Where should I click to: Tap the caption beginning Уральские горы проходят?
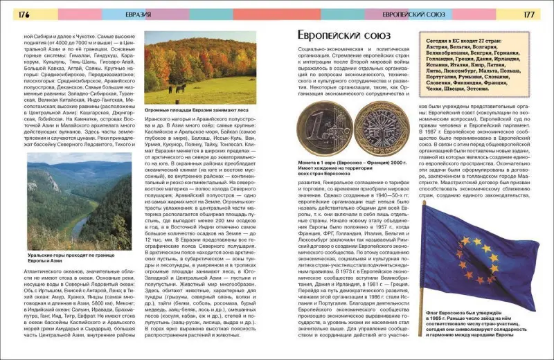click(x=67, y=258)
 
